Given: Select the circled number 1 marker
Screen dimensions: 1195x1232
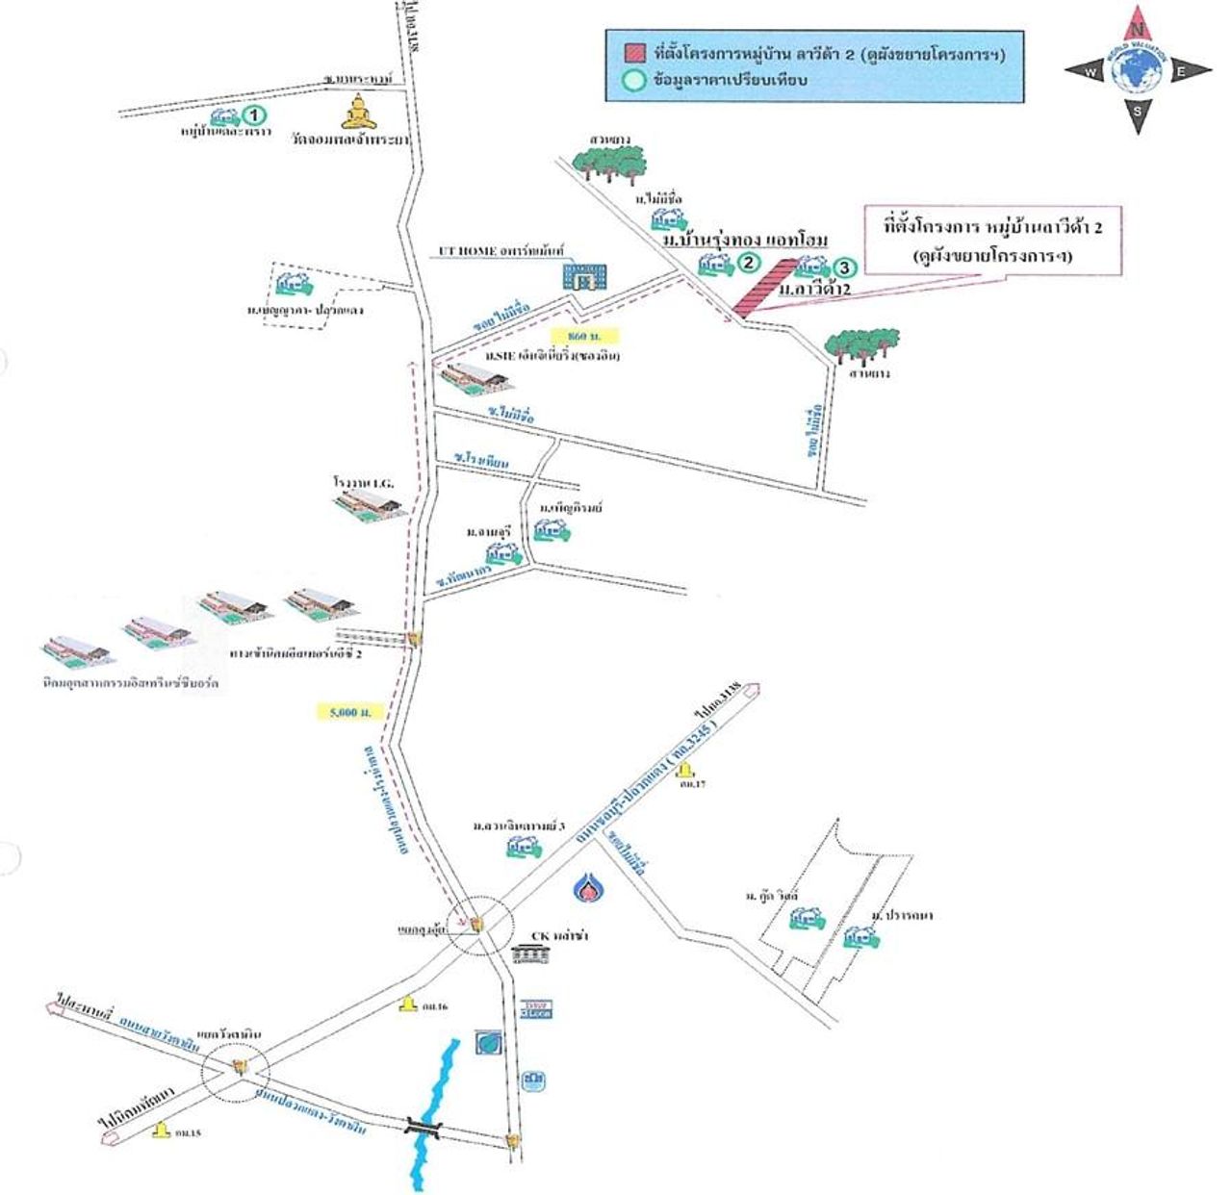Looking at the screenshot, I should [253, 115].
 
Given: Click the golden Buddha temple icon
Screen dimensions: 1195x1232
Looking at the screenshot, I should [358, 113].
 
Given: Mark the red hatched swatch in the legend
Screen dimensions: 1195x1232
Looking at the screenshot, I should [634, 55].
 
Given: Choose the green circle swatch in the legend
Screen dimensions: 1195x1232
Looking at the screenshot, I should [633, 81].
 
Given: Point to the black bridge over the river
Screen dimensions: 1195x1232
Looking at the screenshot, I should [424, 1126].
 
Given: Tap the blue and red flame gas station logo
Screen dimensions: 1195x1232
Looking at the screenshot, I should [587, 889].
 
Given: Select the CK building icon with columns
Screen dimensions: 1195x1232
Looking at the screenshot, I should [530, 953].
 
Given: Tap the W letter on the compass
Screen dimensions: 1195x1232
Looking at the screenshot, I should [1091, 72].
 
